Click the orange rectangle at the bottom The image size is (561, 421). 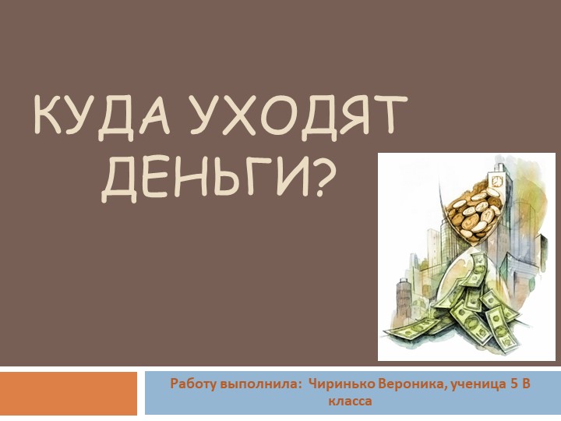click(69, 393)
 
